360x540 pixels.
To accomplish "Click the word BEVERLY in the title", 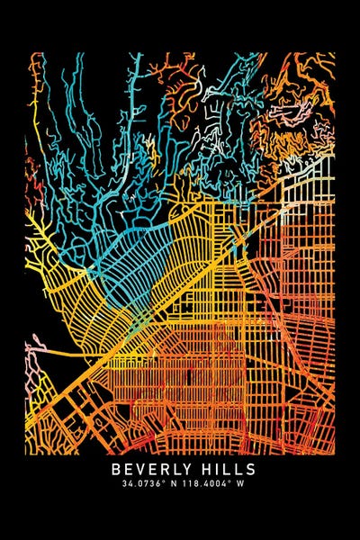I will pyautogui.click(x=150, y=470).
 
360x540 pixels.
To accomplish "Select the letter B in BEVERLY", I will pyautogui.click(x=117, y=470).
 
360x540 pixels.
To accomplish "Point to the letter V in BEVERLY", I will pyautogui.click(x=140, y=470).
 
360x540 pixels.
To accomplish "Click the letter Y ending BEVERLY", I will pyautogui.click(x=186, y=470).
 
